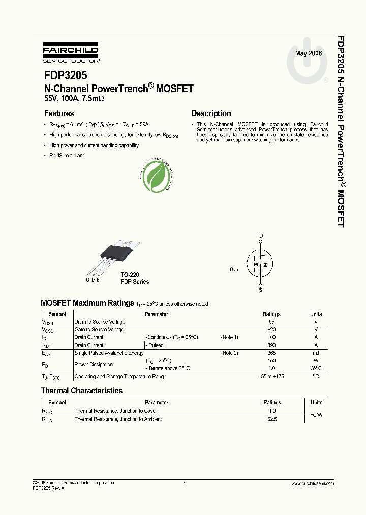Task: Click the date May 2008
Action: [309, 53]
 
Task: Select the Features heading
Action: [59, 113]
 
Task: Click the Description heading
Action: [211, 113]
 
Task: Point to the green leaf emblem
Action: [155, 176]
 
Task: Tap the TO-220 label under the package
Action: [130, 274]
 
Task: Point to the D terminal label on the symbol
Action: [261, 236]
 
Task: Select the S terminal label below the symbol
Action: [261, 289]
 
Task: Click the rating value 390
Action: [272, 345]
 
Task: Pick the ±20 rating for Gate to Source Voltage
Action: [271, 330]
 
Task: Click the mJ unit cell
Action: [316, 353]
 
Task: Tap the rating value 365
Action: [272, 353]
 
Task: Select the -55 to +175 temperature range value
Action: [272, 377]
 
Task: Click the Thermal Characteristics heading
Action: [81, 391]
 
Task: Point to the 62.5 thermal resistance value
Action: [272, 419]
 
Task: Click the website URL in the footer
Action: [313, 483]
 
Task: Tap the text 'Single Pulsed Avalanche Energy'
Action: [109, 353]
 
